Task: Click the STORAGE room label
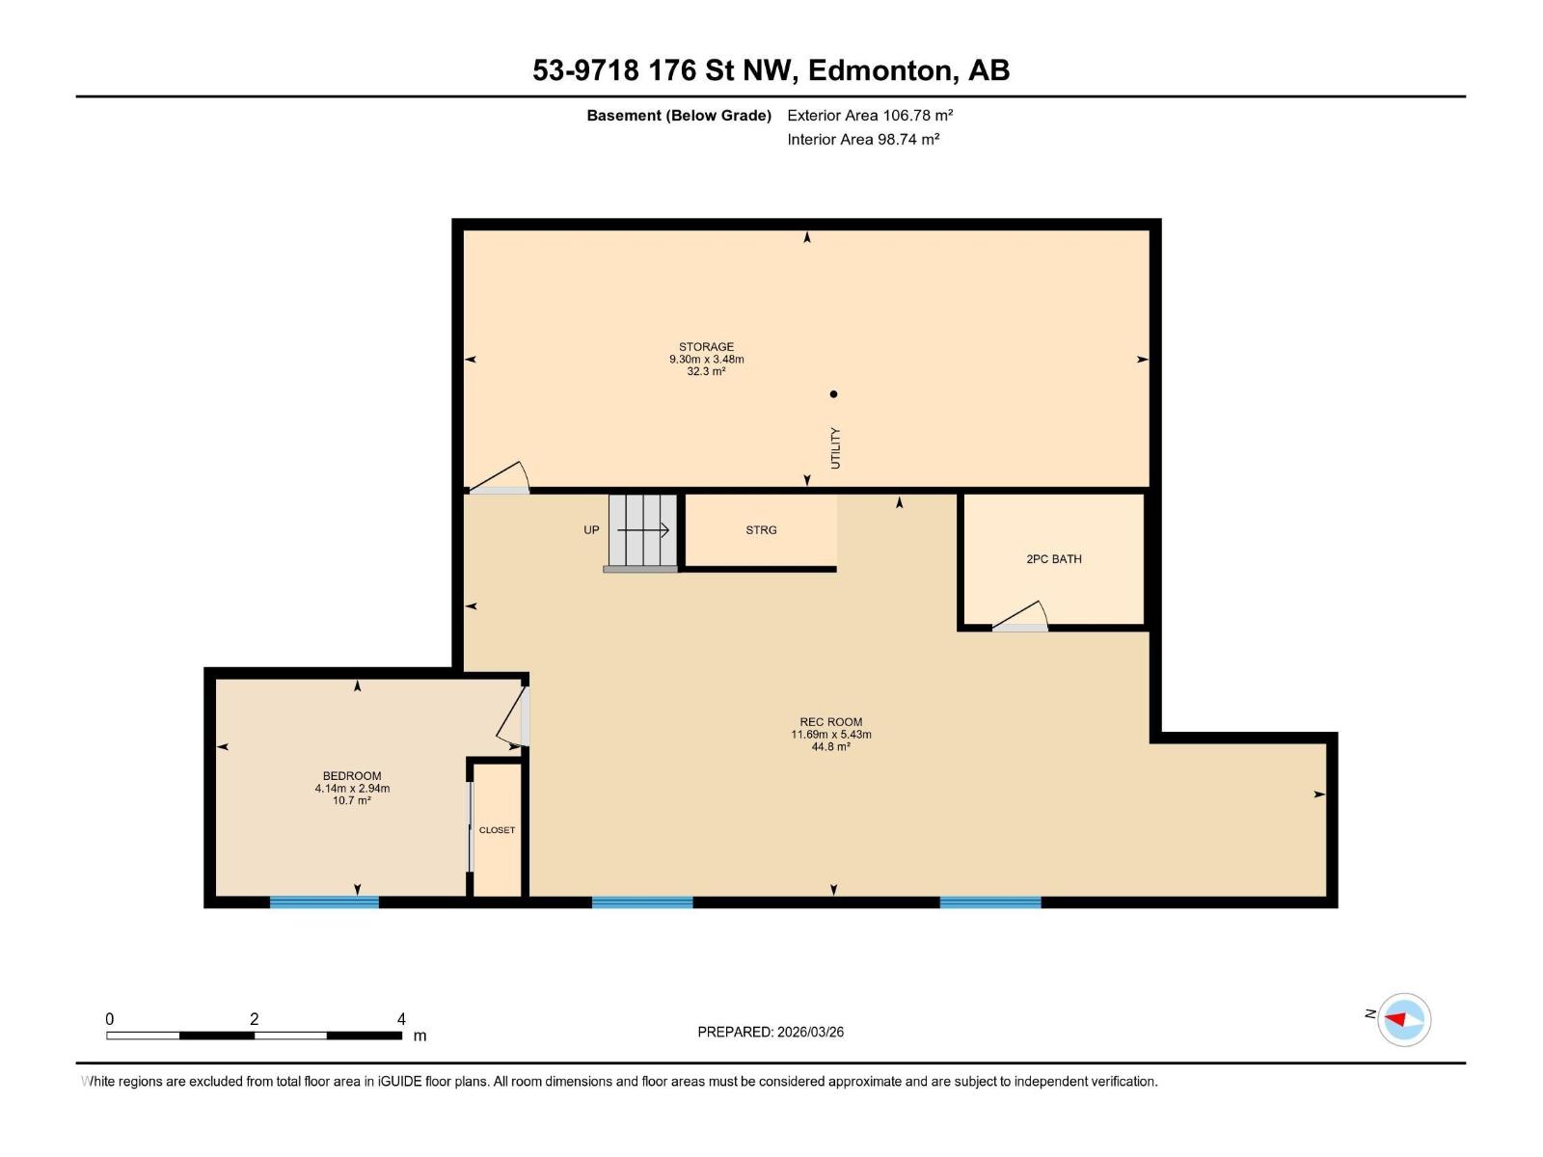click(x=706, y=347)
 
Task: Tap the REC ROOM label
click(x=830, y=722)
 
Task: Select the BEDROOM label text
click(x=352, y=776)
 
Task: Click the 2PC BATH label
click(x=1053, y=559)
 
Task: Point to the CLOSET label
click(x=497, y=830)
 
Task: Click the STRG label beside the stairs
click(x=761, y=530)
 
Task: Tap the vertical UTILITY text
click(x=835, y=448)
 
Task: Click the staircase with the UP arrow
click(x=642, y=531)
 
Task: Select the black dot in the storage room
click(x=834, y=393)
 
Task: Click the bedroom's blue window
click(x=324, y=902)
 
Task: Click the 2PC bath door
click(x=1021, y=618)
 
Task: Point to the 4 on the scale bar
click(x=401, y=1019)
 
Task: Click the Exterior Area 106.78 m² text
click(x=870, y=116)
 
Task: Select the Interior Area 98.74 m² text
click(x=863, y=140)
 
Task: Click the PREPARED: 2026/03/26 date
click(x=771, y=1032)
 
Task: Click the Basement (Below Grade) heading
click(x=679, y=116)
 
